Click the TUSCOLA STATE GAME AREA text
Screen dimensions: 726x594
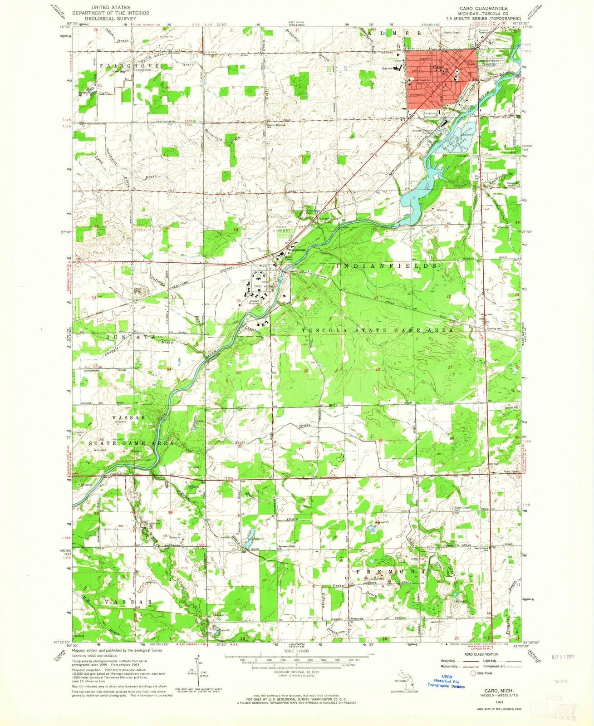click(378, 331)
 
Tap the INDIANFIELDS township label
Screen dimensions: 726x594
click(387, 265)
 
